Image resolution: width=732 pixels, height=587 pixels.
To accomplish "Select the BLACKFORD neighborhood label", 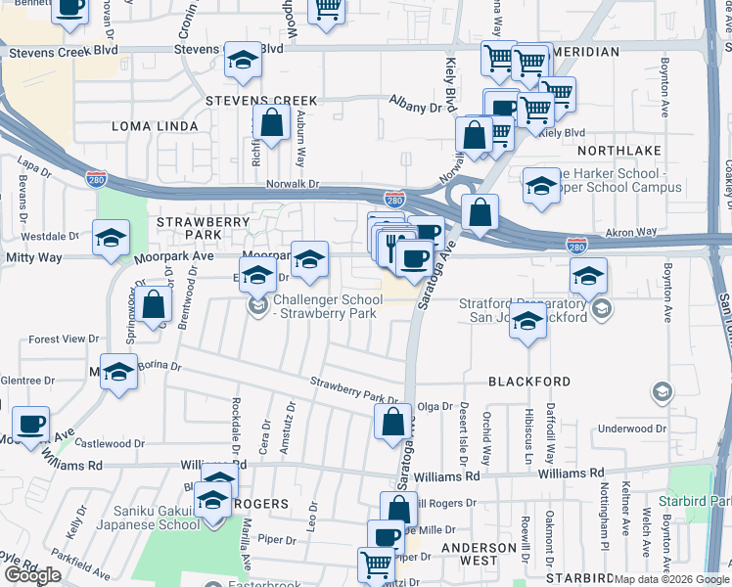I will pos(528,382).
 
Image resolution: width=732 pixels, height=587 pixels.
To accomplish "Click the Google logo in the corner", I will pos(32,575).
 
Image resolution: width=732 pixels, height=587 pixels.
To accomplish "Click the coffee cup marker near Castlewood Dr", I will pos(30,423).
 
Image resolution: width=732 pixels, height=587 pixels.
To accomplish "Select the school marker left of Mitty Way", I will pos(112,238).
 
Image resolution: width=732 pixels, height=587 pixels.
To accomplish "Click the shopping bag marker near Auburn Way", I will pos(271,122).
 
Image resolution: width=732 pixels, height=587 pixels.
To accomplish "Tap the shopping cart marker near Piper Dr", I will pos(376,563).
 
